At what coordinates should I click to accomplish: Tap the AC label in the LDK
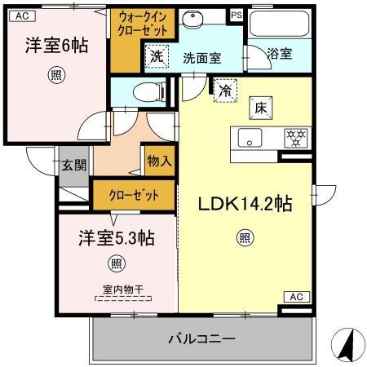click(x=294, y=295)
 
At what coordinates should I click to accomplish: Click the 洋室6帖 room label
click(x=55, y=46)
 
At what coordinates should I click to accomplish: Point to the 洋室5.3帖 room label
click(x=117, y=238)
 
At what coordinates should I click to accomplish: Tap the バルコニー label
click(x=202, y=338)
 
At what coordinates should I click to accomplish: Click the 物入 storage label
click(x=159, y=161)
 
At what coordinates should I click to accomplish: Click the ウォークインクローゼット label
click(x=143, y=24)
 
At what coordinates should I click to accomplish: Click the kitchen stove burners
click(x=294, y=136)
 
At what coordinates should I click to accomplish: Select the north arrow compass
click(x=346, y=346)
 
